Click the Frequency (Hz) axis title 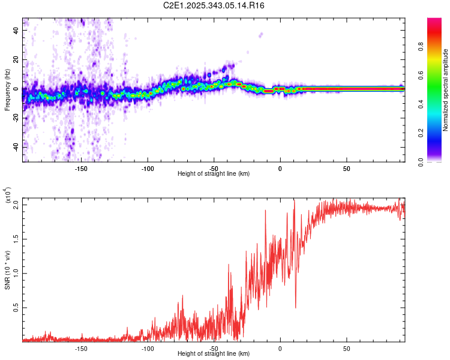point(7,90)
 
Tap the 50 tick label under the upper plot point(346,168)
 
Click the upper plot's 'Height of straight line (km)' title point(214,174)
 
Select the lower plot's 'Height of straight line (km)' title point(214,354)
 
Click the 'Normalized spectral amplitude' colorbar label point(446,90)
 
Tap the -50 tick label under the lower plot point(214,348)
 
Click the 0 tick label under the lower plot point(280,348)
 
